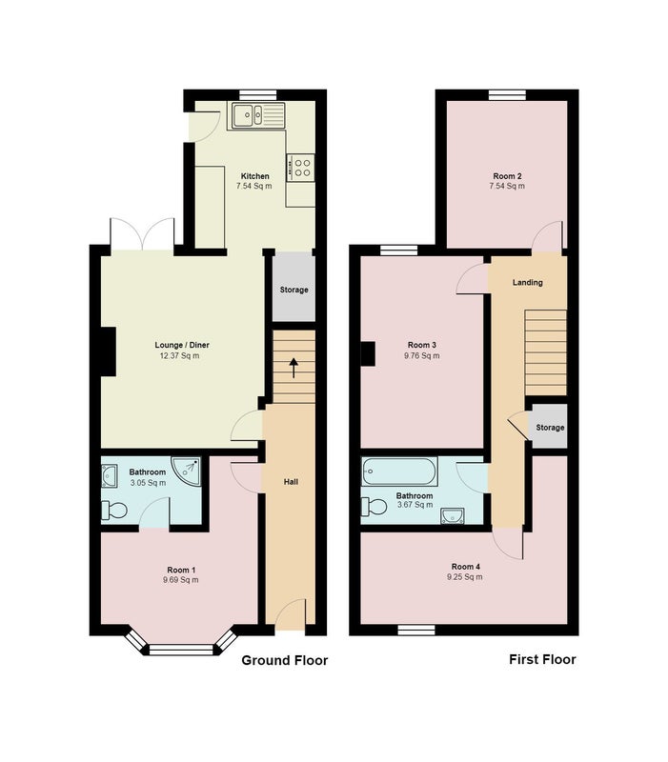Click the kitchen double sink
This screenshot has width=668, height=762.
click(257, 115)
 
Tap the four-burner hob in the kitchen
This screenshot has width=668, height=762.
click(300, 168)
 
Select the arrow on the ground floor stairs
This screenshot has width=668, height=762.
click(294, 368)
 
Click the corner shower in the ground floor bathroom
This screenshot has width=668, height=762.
click(186, 470)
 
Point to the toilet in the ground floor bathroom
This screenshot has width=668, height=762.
click(114, 511)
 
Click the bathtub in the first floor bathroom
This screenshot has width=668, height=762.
click(399, 471)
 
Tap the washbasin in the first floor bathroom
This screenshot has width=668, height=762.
click(452, 515)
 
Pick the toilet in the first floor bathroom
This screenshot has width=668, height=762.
click(374, 507)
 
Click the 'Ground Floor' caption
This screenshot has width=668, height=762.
click(284, 660)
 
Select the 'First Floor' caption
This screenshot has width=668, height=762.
click(542, 659)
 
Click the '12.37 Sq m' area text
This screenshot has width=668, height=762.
click(179, 355)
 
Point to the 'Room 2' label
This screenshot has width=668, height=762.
click(507, 176)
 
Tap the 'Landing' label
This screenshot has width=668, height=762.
click(528, 282)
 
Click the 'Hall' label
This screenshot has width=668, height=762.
click(291, 482)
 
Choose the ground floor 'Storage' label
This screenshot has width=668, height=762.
click(294, 290)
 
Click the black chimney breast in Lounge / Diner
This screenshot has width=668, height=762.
click(109, 351)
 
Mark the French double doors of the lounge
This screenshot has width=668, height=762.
click(142, 235)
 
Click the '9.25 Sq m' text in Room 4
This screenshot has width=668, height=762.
click(465, 577)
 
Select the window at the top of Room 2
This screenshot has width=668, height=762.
click(508, 94)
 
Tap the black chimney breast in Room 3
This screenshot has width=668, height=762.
click(368, 353)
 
